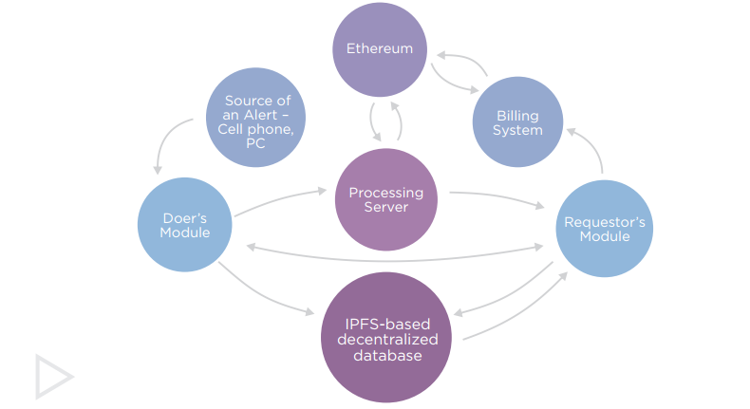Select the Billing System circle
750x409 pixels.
518,122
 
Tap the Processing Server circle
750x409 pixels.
385,199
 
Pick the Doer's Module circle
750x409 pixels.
186,225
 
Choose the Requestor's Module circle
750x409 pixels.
604,229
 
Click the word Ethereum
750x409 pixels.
380,48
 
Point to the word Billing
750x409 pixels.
518,115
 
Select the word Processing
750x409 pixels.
385,193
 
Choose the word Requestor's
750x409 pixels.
605,222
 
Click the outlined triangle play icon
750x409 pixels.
53,376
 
